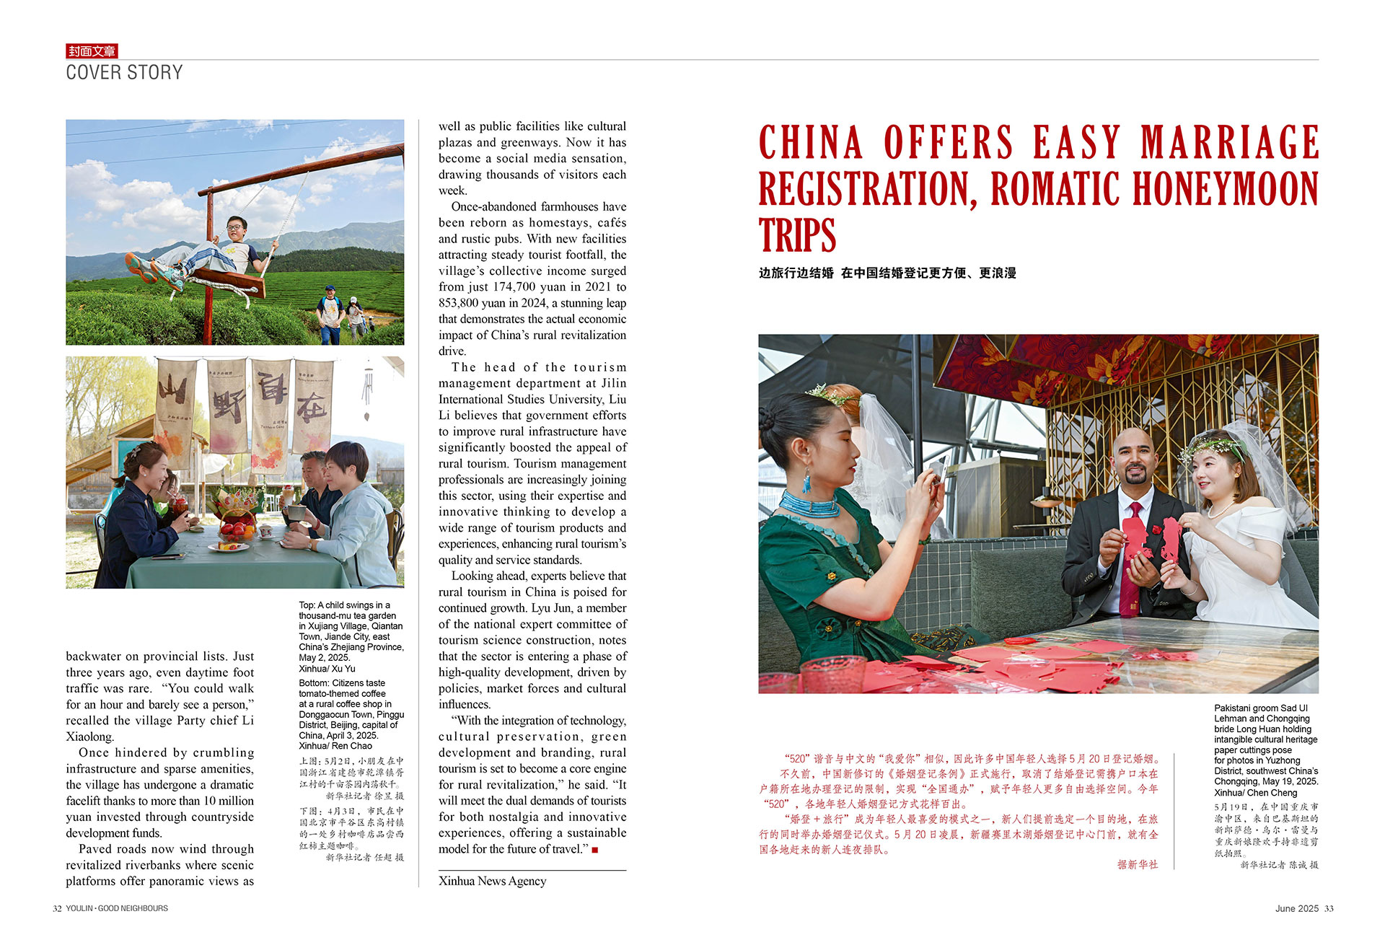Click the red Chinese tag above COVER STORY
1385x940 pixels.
[x=92, y=51]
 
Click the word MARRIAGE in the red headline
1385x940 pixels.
[x=1230, y=142]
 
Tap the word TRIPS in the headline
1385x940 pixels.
[x=797, y=236]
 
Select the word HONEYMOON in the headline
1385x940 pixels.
[x=1226, y=189]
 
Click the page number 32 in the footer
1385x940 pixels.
[x=57, y=908]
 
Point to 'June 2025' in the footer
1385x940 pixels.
[x=1296, y=908]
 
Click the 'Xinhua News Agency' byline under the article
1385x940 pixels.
[x=492, y=881]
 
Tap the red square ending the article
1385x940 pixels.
[x=595, y=850]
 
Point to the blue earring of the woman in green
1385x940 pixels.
[x=807, y=480]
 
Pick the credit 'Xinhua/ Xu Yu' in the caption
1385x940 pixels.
[x=327, y=669]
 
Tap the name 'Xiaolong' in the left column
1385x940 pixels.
[x=89, y=737]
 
